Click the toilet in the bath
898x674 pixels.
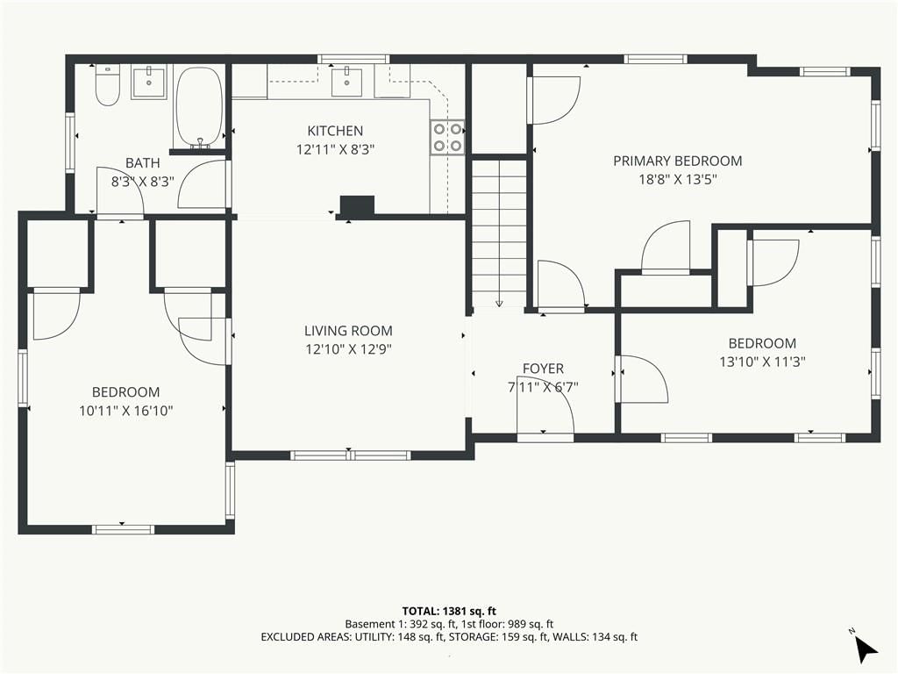tap(107, 85)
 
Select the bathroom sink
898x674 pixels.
tap(149, 83)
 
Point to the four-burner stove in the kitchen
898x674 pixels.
tap(448, 138)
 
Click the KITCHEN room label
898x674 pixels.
tap(335, 131)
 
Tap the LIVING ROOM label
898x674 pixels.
tap(348, 331)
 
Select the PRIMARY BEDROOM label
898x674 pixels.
tap(678, 161)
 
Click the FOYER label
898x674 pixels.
tap(543, 369)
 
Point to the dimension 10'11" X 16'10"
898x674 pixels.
tap(126, 411)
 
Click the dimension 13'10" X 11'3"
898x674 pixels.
tap(762, 362)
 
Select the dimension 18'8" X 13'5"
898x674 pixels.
tap(678, 179)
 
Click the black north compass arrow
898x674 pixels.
tap(866, 649)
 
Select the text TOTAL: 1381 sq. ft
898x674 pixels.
tap(445, 611)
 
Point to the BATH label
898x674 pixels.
tap(143, 163)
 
